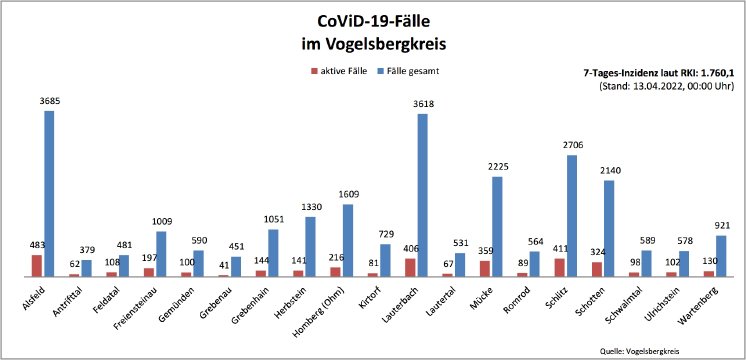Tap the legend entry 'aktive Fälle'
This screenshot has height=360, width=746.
[x=348, y=71]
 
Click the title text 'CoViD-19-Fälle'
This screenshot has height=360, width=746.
[x=372, y=21]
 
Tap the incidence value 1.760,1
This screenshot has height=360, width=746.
[x=717, y=73]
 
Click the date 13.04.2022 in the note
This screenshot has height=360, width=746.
[x=653, y=87]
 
